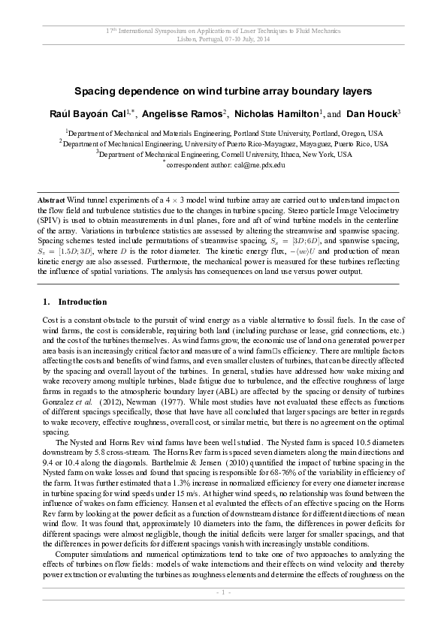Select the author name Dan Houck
pyautogui.click(x=372, y=113)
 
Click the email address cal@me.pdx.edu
pyautogui.click(x=258, y=164)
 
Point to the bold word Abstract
pyautogui.click(x=51, y=201)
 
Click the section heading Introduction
pyautogui.click(x=83, y=302)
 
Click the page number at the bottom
pyautogui.click(x=223, y=613)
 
